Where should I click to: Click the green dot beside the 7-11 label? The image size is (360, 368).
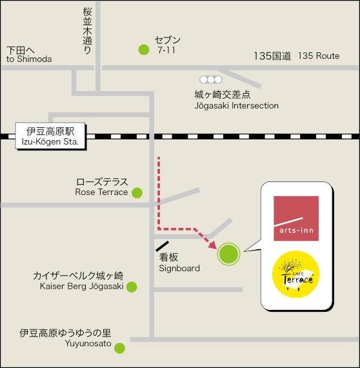[x=143, y=48]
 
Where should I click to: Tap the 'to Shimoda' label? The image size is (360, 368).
[x=28, y=60]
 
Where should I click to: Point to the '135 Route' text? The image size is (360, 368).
[x=318, y=56]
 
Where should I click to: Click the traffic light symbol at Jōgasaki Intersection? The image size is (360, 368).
[x=210, y=79]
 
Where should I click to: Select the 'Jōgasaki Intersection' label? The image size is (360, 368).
[x=237, y=105]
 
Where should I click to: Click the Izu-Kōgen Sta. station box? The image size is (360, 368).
[x=50, y=136]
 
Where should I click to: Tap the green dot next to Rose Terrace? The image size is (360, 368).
[x=137, y=192]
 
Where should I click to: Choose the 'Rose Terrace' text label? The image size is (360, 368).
[x=101, y=192]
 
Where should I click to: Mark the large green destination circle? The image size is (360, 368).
[x=228, y=254]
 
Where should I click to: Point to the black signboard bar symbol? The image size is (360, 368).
[x=163, y=246]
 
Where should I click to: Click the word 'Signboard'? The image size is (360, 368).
[x=179, y=268]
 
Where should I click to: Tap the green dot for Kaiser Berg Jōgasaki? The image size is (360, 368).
[x=132, y=287]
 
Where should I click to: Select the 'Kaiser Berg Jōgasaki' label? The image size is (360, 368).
[x=81, y=287]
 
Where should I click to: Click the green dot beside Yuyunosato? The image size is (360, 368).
[x=119, y=347]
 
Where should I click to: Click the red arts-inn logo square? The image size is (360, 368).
[x=296, y=218]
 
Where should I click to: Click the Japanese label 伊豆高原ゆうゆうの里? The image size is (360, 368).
[x=65, y=333]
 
